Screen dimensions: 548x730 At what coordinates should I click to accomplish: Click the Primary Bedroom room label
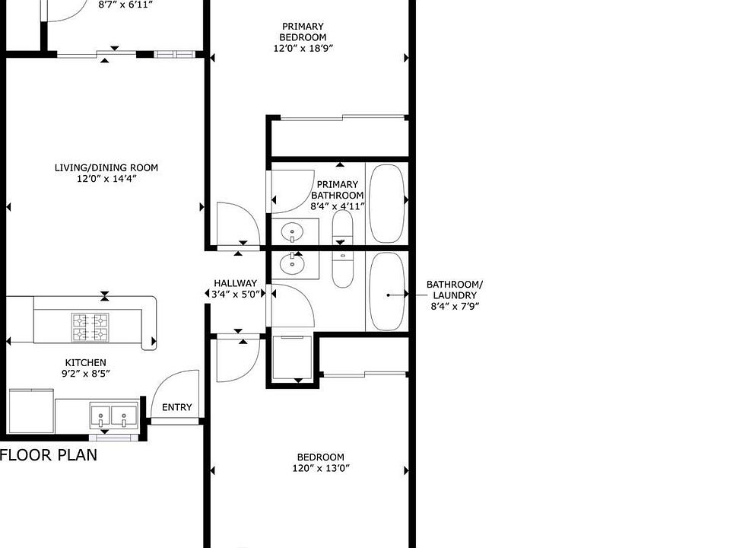[x=303, y=32]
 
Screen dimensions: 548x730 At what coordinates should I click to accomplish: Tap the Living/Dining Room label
[x=106, y=167]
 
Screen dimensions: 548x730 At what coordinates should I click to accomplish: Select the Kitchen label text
[x=85, y=362]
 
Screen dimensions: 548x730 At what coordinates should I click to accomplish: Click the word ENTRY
[x=177, y=407]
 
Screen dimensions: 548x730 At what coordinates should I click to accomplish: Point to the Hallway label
[x=236, y=283]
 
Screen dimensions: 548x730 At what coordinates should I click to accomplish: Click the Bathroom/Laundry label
[x=454, y=290]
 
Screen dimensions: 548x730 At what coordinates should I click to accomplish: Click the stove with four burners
[x=90, y=327]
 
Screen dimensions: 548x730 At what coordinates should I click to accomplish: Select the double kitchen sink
[x=113, y=416]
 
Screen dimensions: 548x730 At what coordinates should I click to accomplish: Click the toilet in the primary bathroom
[x=342, y=227]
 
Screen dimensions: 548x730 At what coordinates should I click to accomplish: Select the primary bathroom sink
[x=291, y=230]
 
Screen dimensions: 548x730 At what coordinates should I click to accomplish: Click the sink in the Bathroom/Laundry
[x=291, y=264]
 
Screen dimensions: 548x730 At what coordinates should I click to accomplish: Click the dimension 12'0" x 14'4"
[x=106, y=179]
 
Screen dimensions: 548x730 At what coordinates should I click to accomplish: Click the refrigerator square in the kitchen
[x=31, y=411]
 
